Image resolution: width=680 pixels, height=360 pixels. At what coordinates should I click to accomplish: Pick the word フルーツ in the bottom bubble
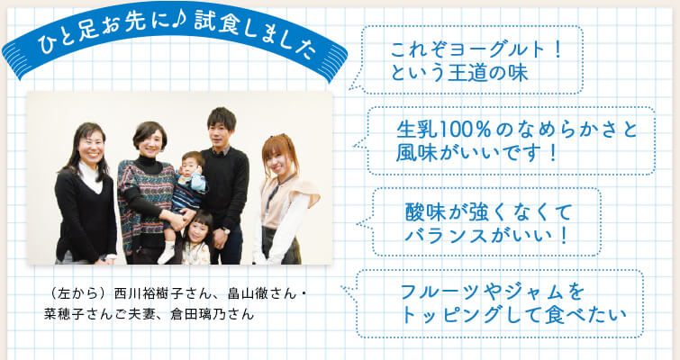(x=442, y=292)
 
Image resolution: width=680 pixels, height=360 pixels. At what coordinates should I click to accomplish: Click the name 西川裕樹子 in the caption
(x=146, y=293)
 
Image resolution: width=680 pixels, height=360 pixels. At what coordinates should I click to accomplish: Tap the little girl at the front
(x=196, y=239)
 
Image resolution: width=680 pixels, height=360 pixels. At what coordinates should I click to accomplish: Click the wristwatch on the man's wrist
(x=226, y=230)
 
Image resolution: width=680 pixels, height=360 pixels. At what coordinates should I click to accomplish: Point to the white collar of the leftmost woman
(x=91, y=175)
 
